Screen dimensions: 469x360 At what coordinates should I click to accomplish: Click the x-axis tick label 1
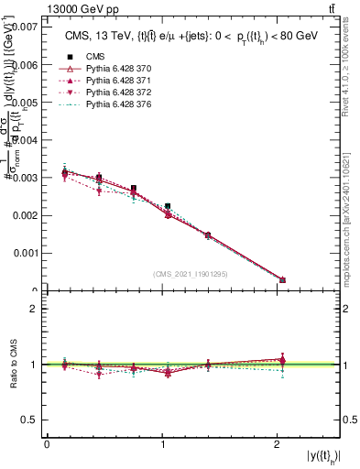coord(164,444)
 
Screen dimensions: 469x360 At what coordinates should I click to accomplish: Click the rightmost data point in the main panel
coord(282,280)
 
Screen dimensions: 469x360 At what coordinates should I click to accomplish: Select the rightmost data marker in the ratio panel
coord(282,360)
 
